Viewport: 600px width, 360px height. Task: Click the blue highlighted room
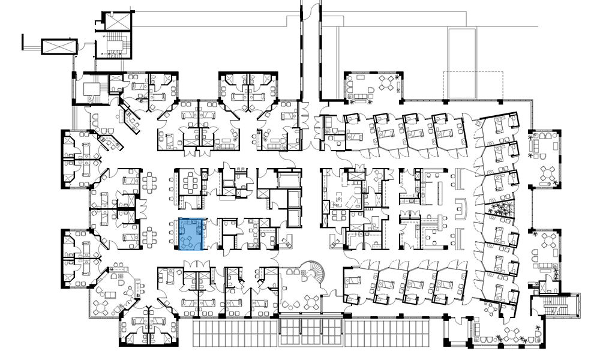[x=193, y=234]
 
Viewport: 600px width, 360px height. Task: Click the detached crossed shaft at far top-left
[x=58, y=46]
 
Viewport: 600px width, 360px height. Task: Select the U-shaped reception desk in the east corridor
[x=461, y=208]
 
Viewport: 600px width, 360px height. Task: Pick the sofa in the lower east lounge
[x=546, y=265]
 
